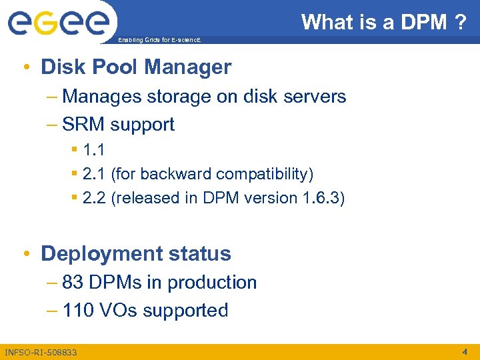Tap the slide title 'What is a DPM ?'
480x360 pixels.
pyautogui.click(x=383, y=22)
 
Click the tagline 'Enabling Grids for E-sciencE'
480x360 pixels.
pyautogui.click(x=159, y=41)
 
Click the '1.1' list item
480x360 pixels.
pyautogui.click(x=93, y=150)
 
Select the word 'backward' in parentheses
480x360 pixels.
pyautogui.click(x=172, y=174)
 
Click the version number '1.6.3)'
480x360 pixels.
pyautogui.click(x=324, y=198)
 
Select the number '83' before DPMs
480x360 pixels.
pyautogui.click(x=73, y=283)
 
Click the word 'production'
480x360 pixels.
pyautogui.click(x=212, y=283)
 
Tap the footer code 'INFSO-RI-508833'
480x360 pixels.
pyautogui.click(x=41, y=352)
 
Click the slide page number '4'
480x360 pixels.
pyautogui.click(x=465, y=351)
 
